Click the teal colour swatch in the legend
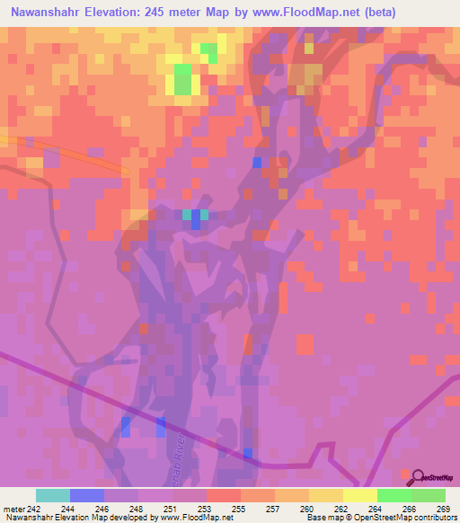point(53,495)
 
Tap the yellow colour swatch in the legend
point(359,495)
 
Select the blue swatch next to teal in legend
point(87,495)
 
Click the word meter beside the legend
point(13,509)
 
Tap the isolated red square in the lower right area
point(305,344)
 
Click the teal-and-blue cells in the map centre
point(195,217)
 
